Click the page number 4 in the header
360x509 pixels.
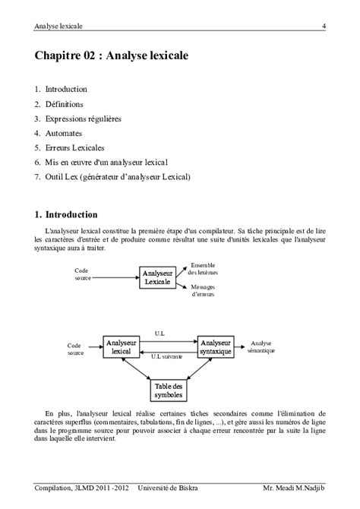(x=324, y=27)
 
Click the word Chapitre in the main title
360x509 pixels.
(x=61, y=55)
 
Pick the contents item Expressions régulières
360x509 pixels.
(x=83, y=119)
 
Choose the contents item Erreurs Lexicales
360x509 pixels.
(x=74, y=147)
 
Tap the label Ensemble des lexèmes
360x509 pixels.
(x=203, y=268)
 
